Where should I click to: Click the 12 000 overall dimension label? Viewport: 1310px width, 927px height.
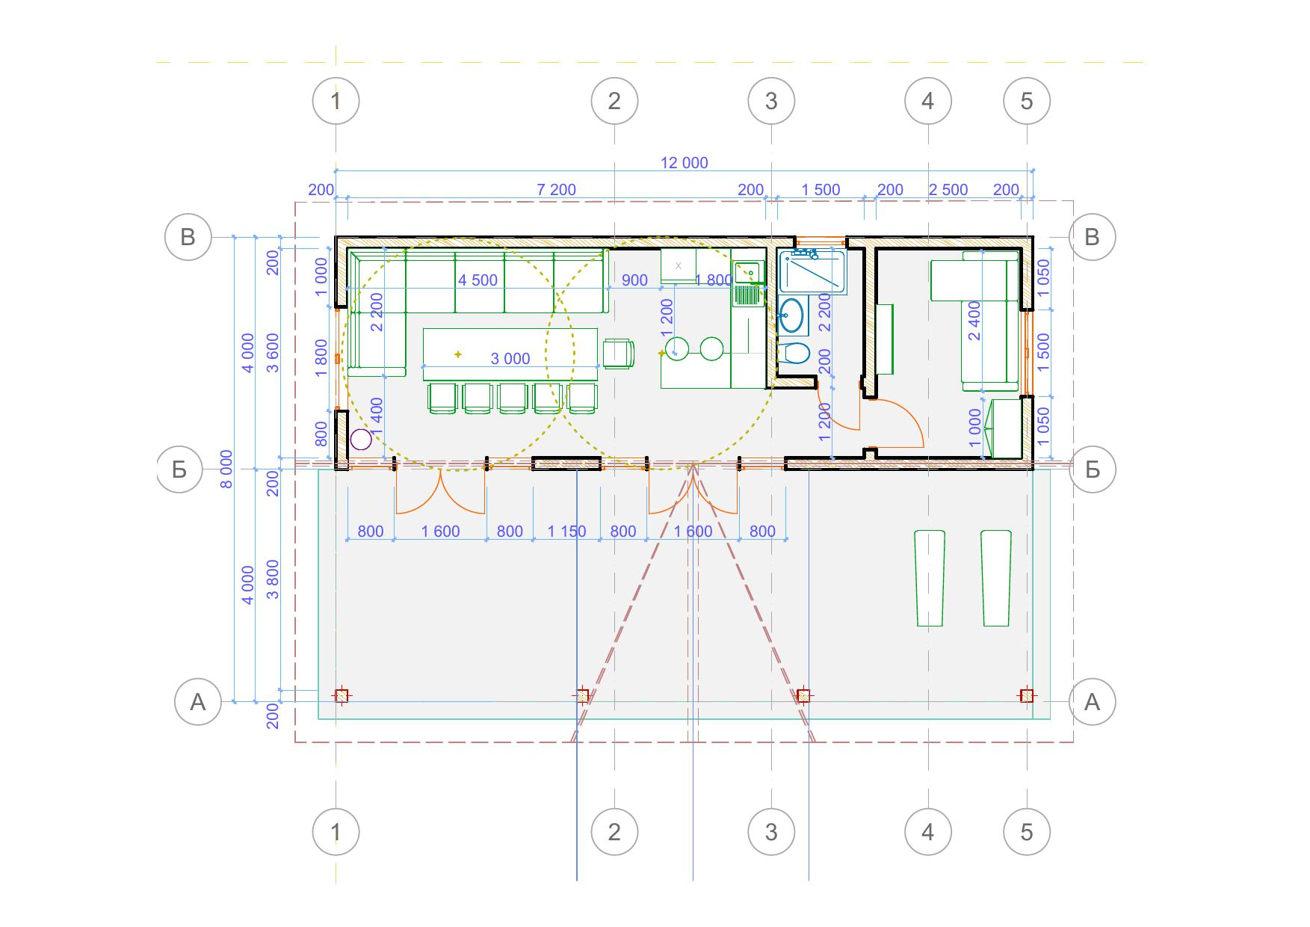coord(684,163)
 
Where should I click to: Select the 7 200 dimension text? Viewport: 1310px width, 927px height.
coord(557,190)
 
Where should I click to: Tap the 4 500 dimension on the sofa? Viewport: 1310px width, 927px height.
coord(478,280)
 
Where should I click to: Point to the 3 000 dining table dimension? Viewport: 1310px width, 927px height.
coord(510,359)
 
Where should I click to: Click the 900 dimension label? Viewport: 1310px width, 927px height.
coord(634,280)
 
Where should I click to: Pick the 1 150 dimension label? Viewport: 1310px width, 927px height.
coord(566,532)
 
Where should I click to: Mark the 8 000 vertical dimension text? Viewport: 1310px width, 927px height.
coord(226,469)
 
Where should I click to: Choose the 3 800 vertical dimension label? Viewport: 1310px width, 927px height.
coord(273,579)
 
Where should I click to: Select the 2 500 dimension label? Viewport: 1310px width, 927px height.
coord(948,190)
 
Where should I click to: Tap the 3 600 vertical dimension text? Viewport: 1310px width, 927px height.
coord(273,353)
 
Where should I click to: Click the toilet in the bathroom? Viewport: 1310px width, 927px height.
coord(794,353)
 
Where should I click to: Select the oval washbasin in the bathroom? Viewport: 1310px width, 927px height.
coord(791,315)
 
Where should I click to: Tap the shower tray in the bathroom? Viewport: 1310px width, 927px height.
coord(812,272)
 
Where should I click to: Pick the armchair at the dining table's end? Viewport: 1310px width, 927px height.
coord(618,354)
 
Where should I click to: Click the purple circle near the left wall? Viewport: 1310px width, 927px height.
coord(361,440)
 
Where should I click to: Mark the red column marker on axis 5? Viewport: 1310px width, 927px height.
coord(1027,696)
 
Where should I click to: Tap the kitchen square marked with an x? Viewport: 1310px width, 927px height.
coord(679,265)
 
